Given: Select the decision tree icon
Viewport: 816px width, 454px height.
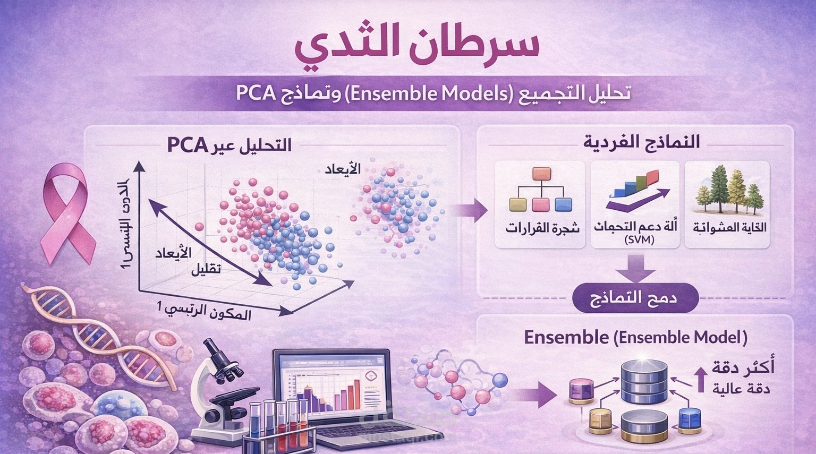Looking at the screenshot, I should tap(540, 190).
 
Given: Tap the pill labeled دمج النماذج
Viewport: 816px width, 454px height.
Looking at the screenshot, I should tap(636, 299).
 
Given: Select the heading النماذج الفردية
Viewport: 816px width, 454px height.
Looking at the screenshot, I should tap(642, 142).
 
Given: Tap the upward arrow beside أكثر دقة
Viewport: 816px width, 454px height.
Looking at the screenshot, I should tap(701, 379).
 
